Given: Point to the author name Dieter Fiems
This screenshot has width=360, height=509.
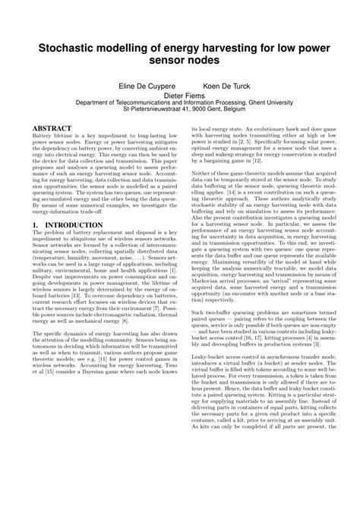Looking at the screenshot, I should tap(179, 97).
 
